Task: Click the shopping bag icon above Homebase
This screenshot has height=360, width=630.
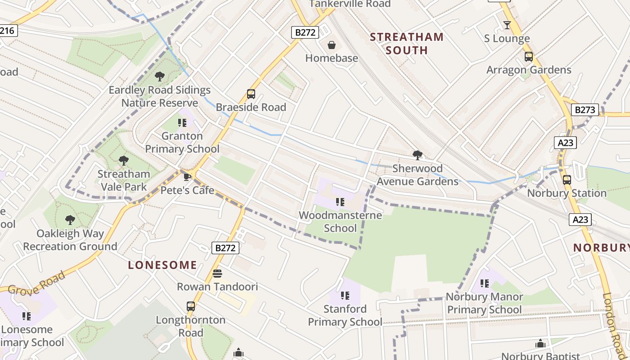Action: (x=332, y=45)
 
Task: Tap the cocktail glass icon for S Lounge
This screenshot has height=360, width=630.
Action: (x=507, y=25)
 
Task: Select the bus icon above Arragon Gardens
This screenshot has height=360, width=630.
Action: (x=529, y=57)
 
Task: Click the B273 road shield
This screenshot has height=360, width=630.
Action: (x=585, y=110)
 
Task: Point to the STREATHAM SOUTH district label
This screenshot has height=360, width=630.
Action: (x=407, y=44)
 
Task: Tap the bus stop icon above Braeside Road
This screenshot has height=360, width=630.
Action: (x=251, y=94)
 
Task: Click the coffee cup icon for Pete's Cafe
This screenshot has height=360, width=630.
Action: (x=187, y=177)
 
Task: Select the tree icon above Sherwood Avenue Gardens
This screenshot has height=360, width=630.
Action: (x=418, y=155)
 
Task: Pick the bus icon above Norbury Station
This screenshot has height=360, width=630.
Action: (x=567, y=180)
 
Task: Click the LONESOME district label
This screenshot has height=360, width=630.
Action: (x=162, y=265)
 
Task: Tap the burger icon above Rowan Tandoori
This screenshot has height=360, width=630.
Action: (x=217, y=274)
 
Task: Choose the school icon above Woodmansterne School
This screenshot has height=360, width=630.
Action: (x=340, y=202)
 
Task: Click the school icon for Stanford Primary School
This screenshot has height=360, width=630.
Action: (x=345, y=296)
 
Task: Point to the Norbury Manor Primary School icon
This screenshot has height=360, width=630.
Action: (x=485, y=283)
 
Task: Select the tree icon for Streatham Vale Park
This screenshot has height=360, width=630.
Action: (x=124, y=160)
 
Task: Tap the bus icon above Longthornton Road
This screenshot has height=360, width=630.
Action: (x=191, y=306)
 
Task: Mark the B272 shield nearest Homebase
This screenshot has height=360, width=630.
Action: (x=306, y=32)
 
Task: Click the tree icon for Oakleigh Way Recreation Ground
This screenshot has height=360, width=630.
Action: (x=70, y=220)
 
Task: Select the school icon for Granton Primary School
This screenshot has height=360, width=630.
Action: (x=182, y=122)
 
